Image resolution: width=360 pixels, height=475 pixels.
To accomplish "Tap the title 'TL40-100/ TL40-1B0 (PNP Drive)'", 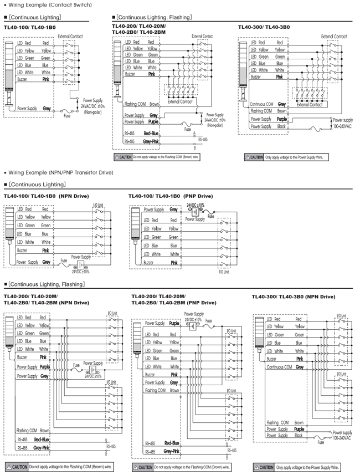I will point(171,196).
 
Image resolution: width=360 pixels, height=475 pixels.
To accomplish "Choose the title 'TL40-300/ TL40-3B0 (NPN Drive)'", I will point(294,297).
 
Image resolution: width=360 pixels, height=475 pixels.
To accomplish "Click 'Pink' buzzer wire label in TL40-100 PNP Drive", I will point(174,262).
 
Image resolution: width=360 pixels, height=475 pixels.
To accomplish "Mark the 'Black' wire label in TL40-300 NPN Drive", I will point(300,436).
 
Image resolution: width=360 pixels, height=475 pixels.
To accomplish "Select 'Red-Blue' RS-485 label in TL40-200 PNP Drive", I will point(172,443).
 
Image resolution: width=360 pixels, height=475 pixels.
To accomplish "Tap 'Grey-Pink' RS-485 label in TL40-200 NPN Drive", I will point(40,446).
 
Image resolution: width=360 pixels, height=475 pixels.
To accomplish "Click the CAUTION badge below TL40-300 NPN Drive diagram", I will point(263,467).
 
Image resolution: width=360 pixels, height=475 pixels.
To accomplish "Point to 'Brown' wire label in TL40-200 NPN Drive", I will point(45,430).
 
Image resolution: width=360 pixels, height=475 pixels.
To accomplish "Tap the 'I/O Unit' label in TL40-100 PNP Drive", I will point(224,272).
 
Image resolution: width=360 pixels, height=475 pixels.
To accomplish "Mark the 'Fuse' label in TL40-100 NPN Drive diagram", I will point(64,258).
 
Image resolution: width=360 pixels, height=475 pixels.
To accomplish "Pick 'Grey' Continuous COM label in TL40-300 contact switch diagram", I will point(282,104).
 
